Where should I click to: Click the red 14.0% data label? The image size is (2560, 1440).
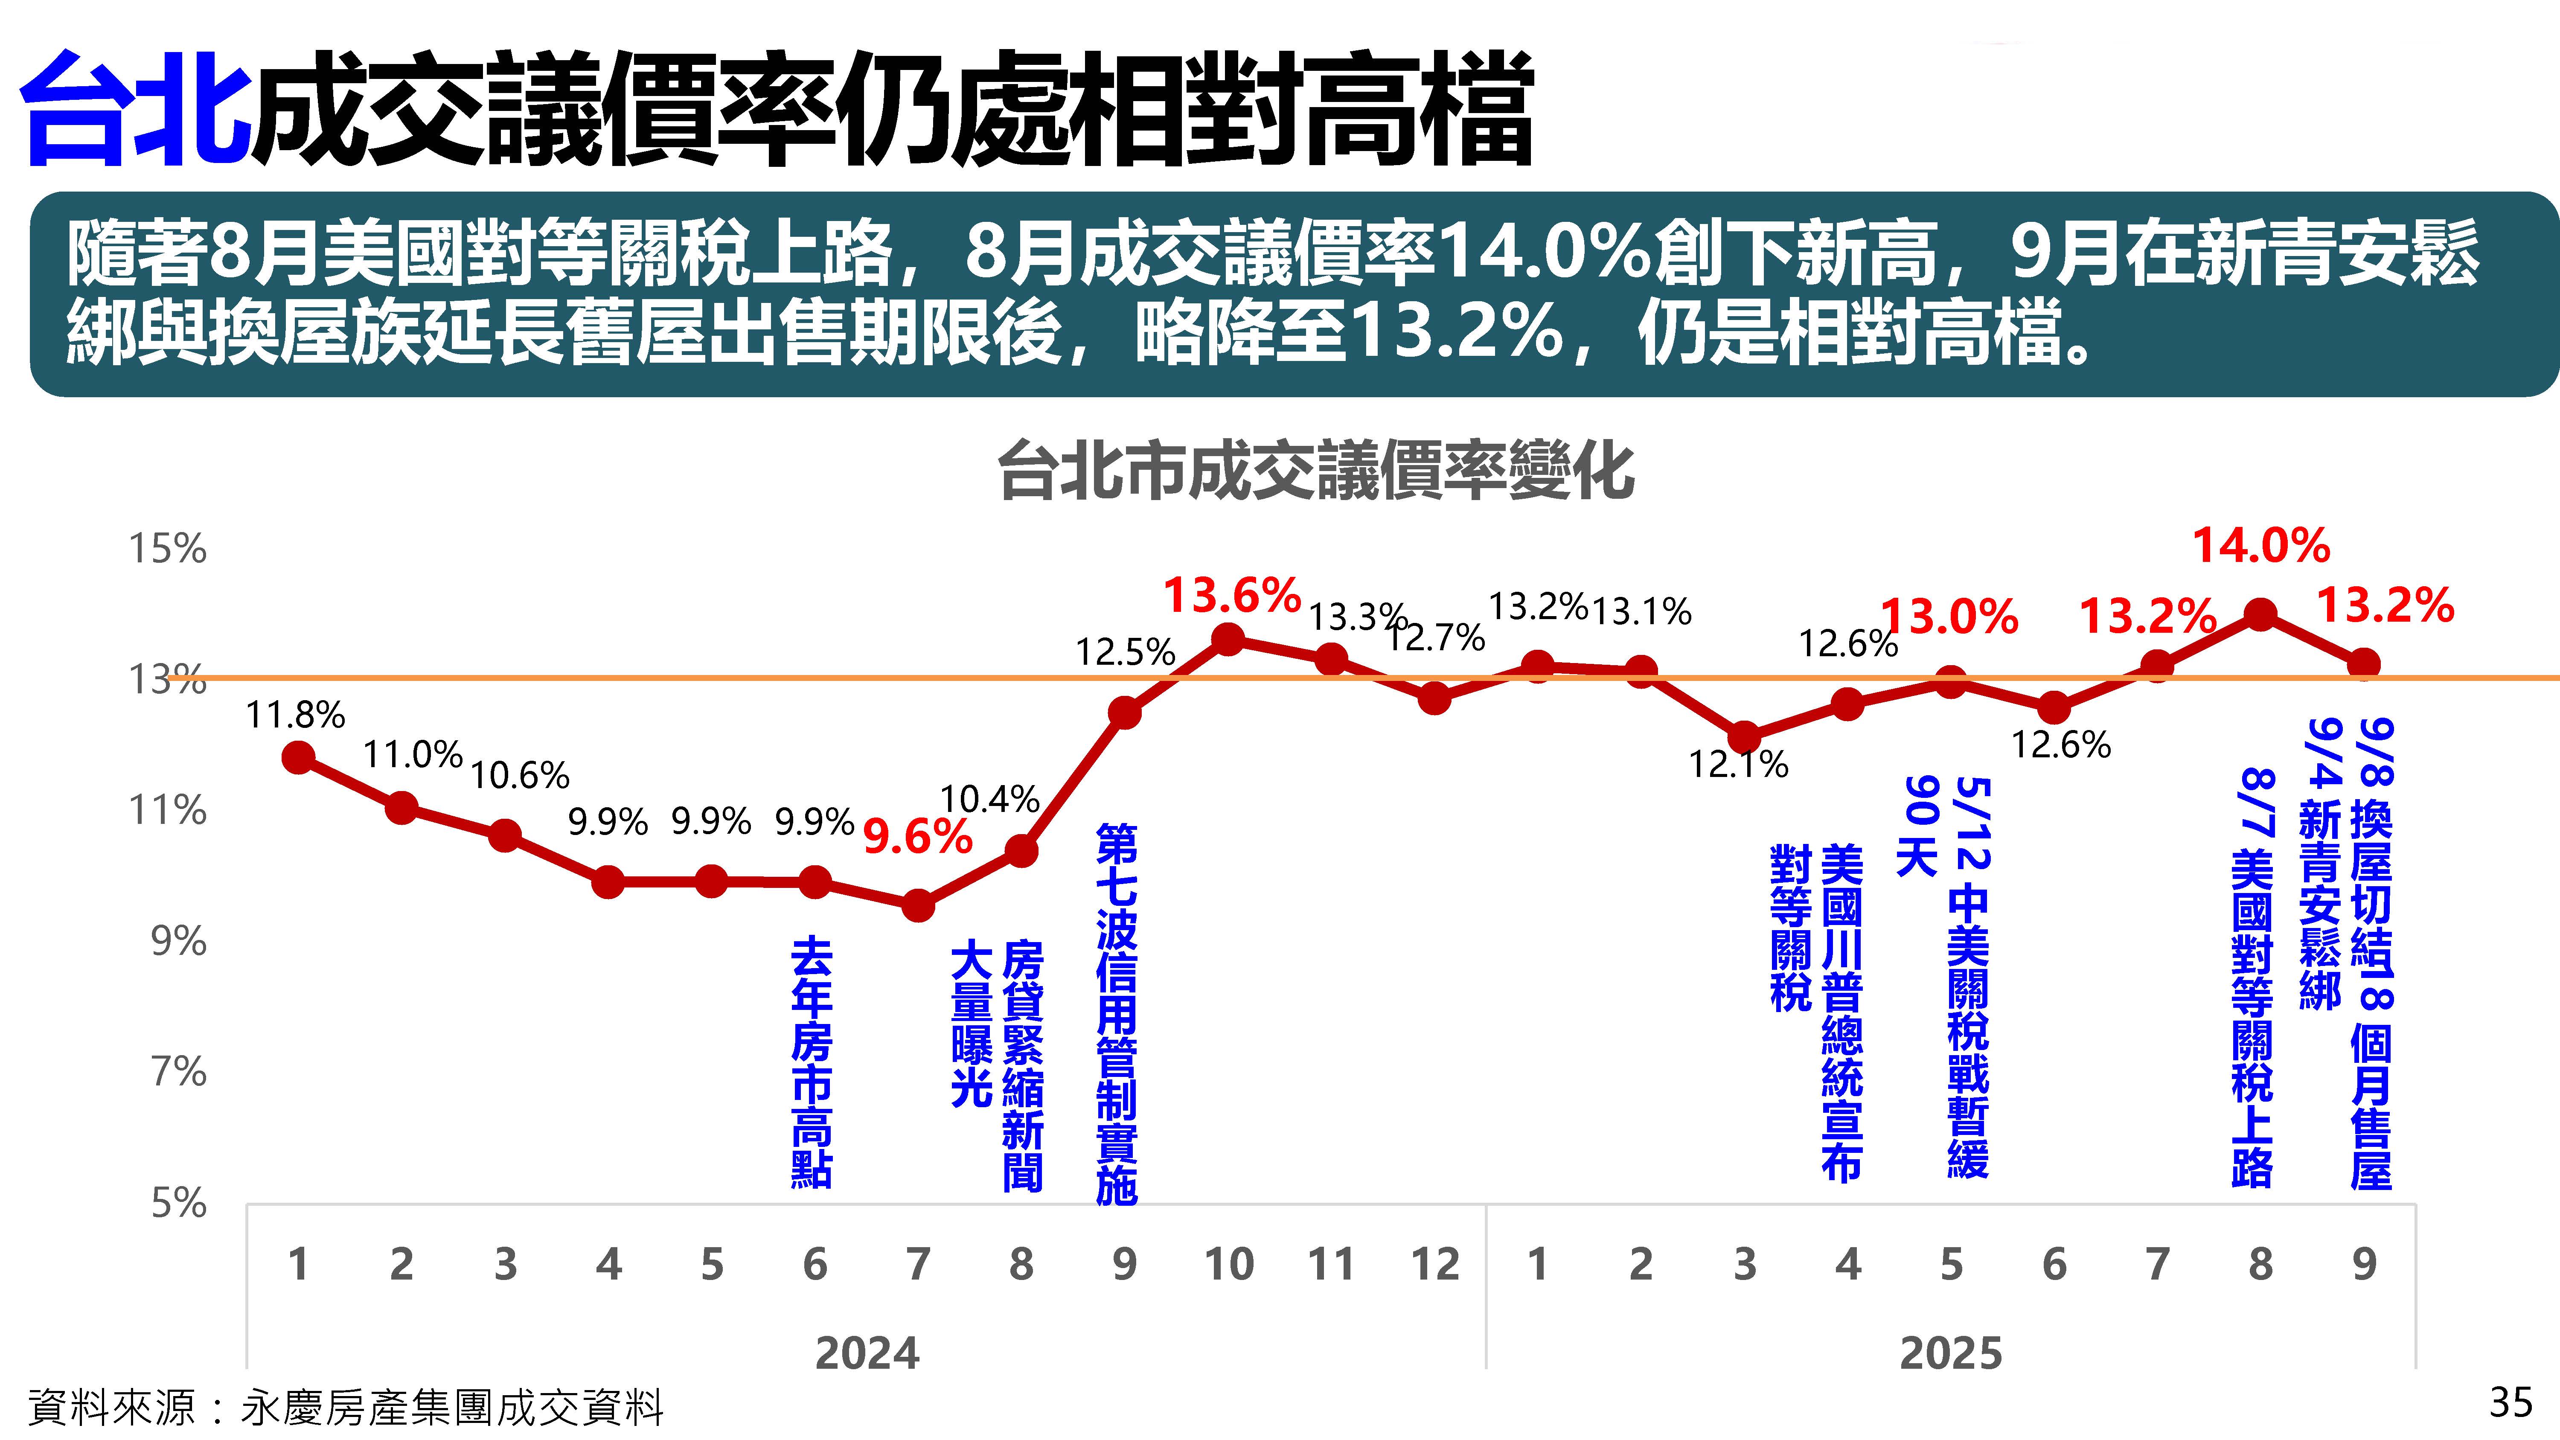2261,546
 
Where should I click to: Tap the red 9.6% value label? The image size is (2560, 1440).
916,837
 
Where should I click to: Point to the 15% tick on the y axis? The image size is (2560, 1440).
167,549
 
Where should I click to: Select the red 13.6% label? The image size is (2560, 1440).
1231,595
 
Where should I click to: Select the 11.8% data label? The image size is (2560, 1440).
295,715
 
